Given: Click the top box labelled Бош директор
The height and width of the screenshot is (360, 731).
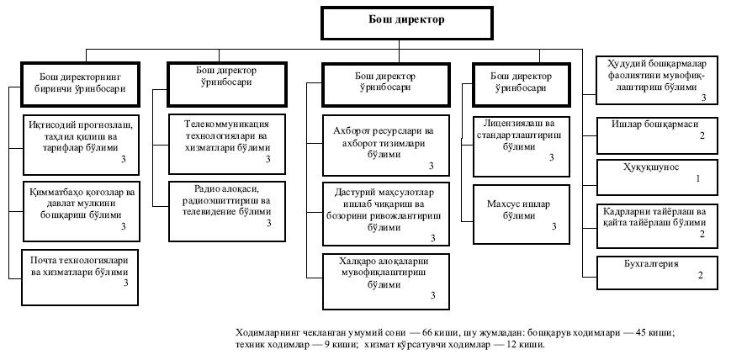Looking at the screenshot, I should [x=406, y=24].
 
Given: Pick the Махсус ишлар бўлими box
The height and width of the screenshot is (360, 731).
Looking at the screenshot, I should [x=515, y=209].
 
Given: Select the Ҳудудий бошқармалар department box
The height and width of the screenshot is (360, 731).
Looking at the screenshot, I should [x=657, y=77].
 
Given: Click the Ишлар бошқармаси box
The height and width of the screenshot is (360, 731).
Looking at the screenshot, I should [x=657, y=129].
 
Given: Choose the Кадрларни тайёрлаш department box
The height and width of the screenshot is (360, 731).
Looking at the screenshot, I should [x=657, y=221].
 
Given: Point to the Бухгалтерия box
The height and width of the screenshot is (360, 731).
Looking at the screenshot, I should [x=657, y=268].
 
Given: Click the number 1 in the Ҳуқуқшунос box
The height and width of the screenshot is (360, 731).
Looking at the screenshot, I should [x=697, y=180].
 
